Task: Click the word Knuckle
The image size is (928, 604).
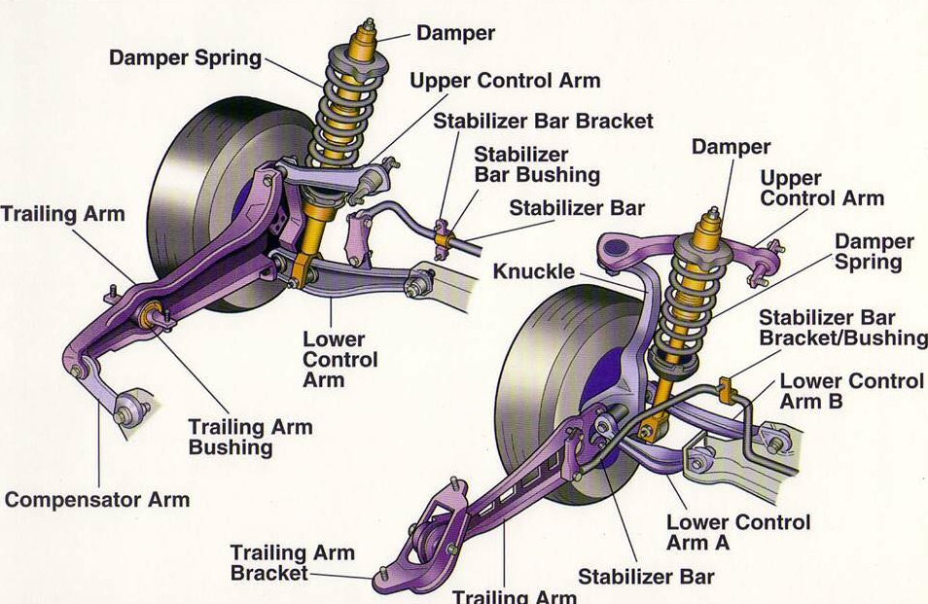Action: [533, 271]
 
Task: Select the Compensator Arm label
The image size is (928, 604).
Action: [97, 500]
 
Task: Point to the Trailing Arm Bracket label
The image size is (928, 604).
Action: [292, 563]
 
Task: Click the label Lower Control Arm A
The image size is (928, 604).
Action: [737, 532]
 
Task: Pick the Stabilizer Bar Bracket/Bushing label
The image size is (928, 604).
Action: [842, 328]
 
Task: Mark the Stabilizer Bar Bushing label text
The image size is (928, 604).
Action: [536, 165]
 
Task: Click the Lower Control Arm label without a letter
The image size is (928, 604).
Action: [334, 359]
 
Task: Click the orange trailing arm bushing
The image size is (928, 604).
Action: [150, 315]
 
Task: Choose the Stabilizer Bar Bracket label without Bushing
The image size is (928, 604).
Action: [543, 122]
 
